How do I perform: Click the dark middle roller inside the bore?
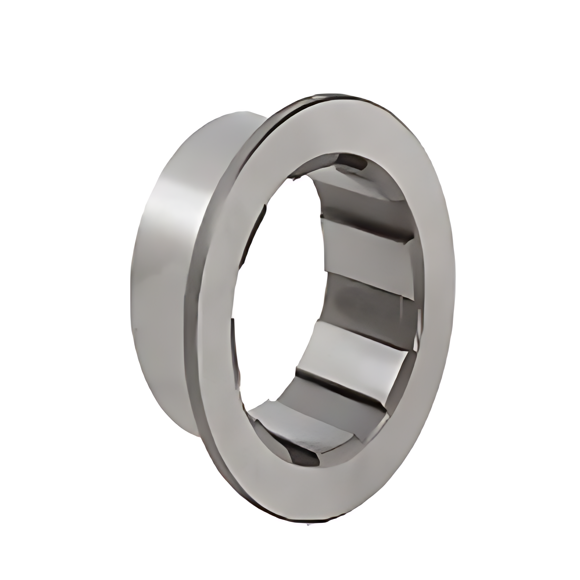tap(366, 293)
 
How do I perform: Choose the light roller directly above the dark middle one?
tap(366, 238)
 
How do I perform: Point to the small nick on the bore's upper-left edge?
tap(294, 178)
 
